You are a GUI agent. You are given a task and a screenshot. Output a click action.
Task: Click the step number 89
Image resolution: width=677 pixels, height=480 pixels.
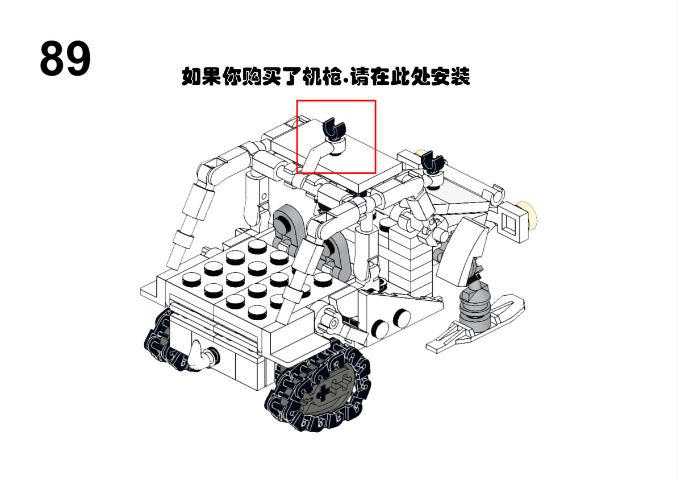[65, 59]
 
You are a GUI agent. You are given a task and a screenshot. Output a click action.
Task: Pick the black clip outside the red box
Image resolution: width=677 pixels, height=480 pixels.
[432, 162]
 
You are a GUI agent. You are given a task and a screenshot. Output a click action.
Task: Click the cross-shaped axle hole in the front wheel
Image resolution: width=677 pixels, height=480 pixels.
[323, 394]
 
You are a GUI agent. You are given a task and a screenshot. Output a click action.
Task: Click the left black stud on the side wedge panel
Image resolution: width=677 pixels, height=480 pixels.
[380, 329]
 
